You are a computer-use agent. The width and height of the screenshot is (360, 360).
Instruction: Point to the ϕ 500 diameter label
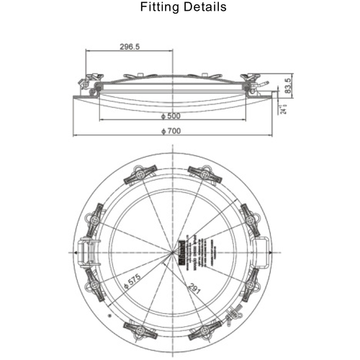click(x=173, y=116)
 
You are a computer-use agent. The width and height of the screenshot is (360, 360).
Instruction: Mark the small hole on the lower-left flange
click(x=109, y=315)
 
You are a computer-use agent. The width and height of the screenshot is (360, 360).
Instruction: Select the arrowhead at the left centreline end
click(x=75, y=253)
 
